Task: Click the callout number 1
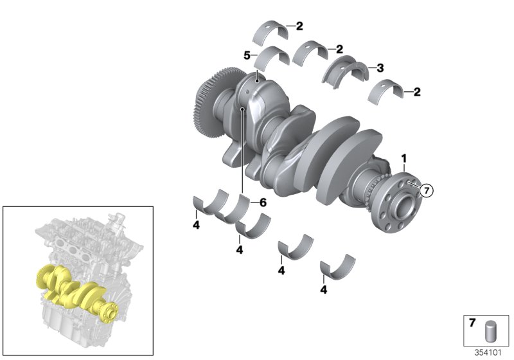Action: point(405,157)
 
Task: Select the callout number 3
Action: point(380,67)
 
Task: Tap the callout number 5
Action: point(246,56)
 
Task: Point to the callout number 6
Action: point(262,202)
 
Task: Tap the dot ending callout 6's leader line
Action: point(242,110)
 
